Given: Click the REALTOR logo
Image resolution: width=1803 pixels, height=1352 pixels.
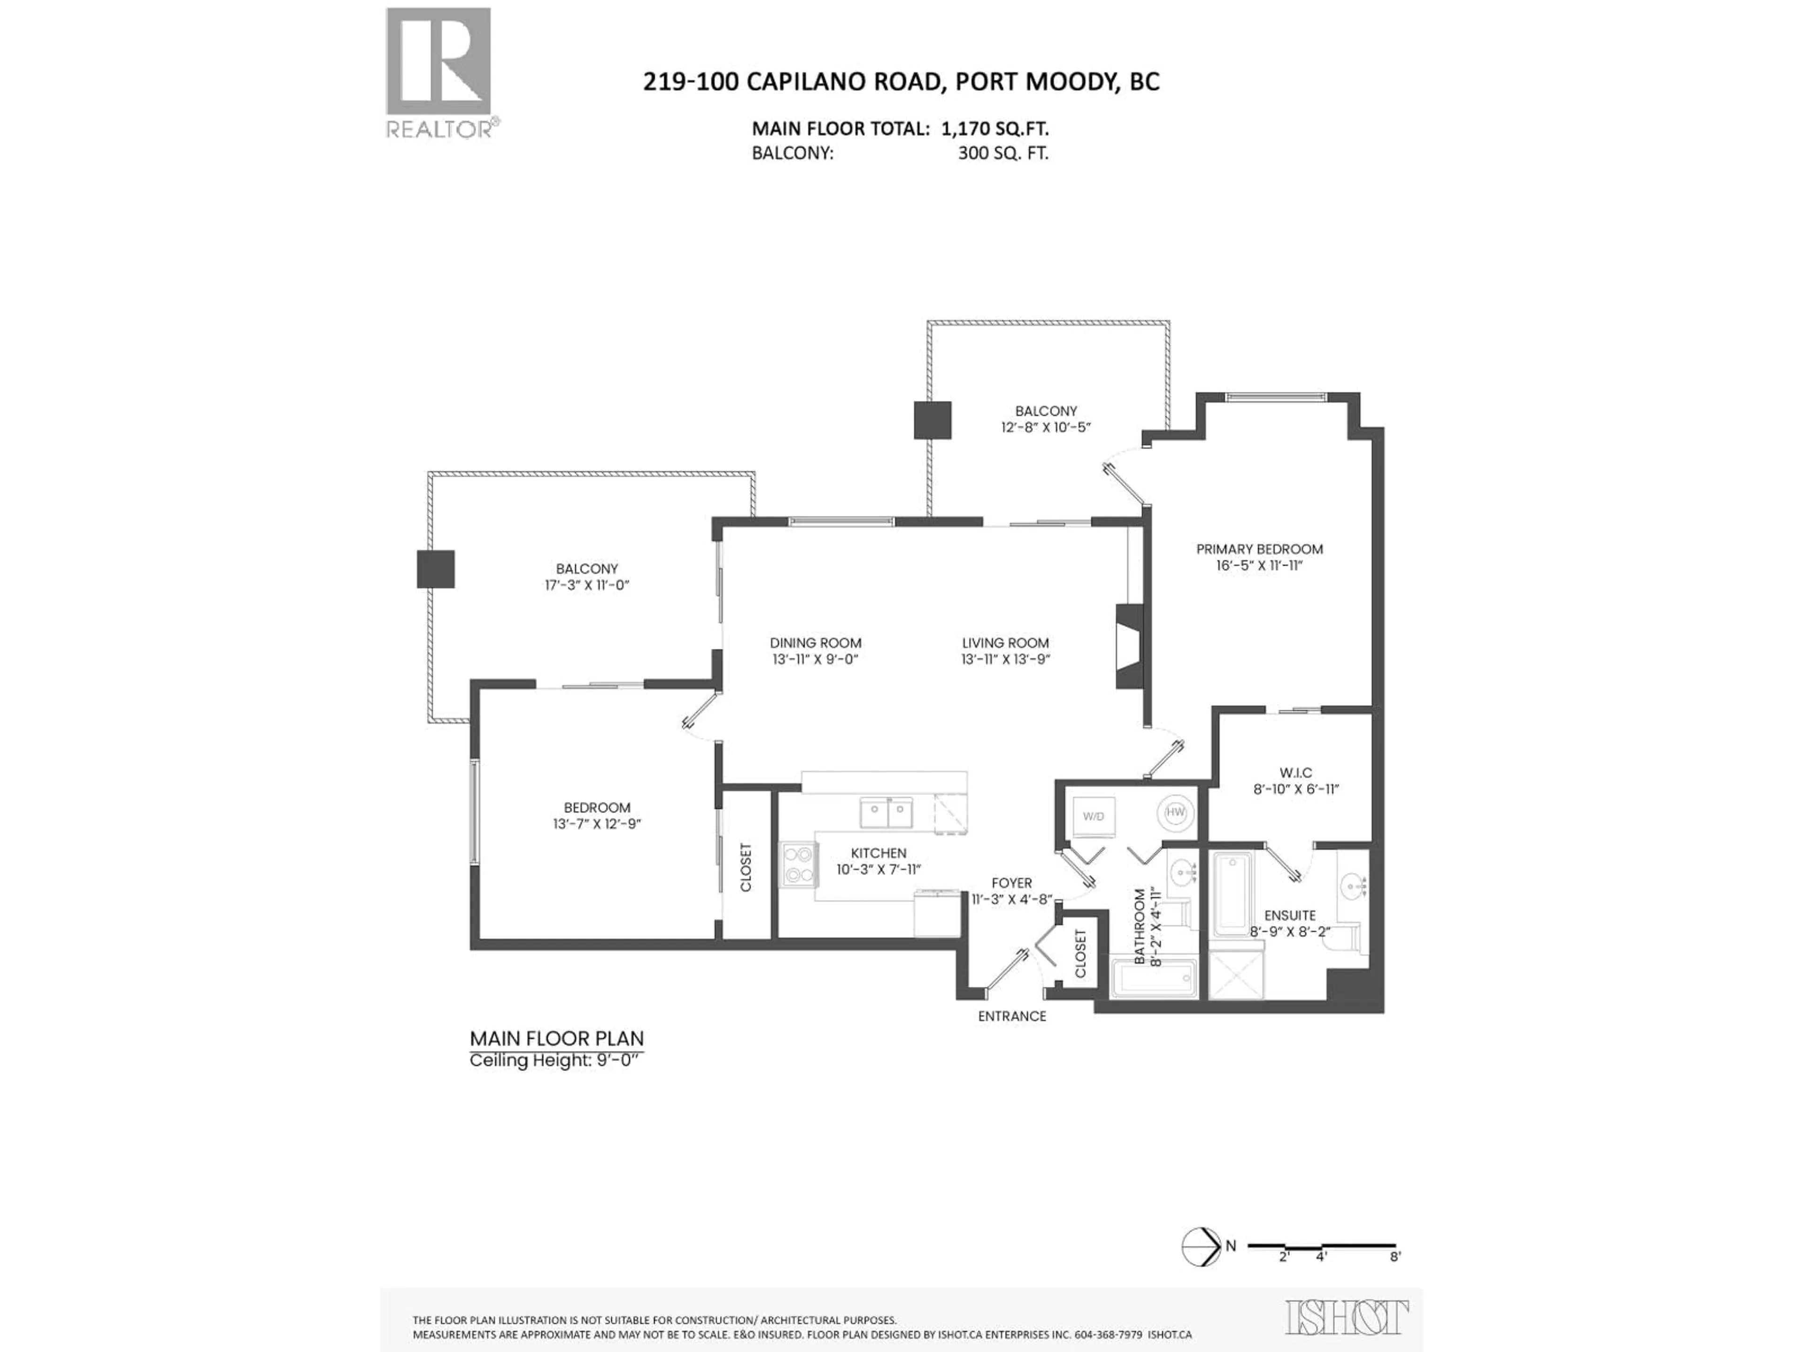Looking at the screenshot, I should [439, 73].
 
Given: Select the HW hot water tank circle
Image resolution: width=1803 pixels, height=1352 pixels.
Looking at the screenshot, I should [1175, 813].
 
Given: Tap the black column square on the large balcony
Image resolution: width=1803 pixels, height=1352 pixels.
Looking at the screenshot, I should [435, 569].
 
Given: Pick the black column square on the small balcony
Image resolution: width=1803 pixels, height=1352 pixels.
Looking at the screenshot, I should [932, 421].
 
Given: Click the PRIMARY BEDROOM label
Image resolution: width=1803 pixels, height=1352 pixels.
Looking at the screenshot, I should [1259, 549].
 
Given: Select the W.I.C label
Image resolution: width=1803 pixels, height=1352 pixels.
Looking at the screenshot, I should [1295, 773].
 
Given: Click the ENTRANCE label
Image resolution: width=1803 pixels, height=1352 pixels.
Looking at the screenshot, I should [1011, 1016].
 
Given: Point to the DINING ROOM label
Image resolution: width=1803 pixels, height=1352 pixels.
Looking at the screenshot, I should [816, 643].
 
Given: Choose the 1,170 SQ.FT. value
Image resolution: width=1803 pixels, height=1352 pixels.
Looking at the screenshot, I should [994, 129].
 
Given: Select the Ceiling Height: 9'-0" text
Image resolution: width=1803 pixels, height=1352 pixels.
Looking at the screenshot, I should [556, 1060].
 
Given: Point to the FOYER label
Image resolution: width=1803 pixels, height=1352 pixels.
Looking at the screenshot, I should [1011, 883].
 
